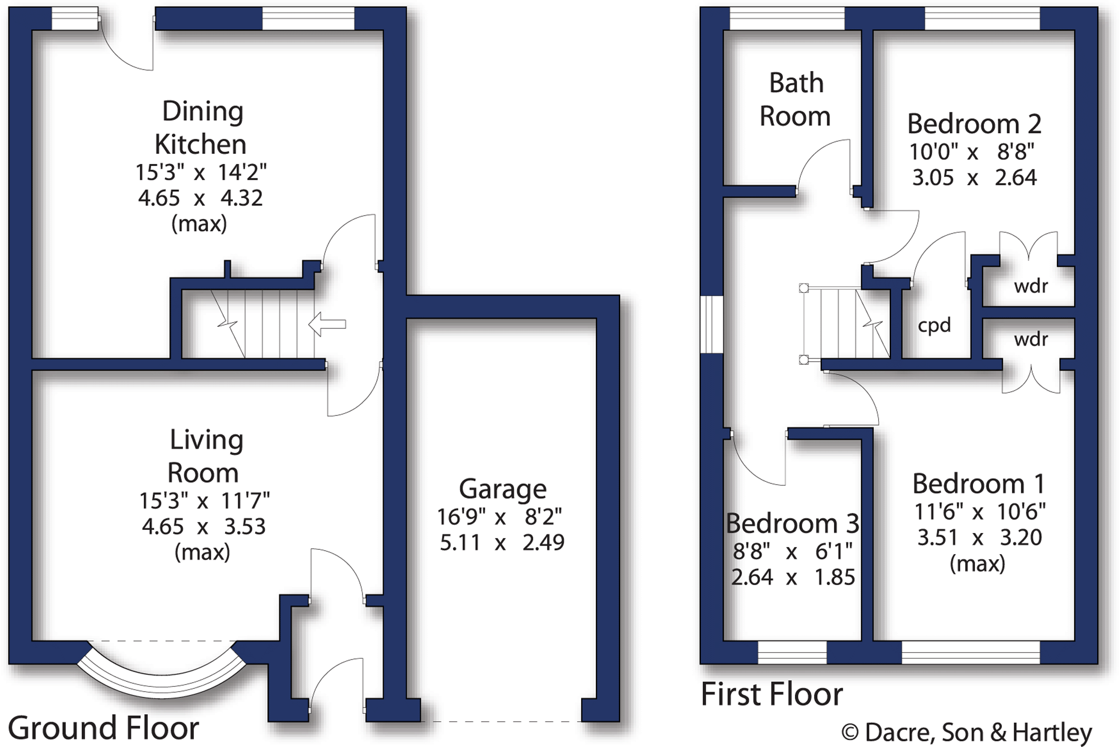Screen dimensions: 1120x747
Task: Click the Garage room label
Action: click(x=503, y=489)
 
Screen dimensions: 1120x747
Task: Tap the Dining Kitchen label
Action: click(x=202, y=128)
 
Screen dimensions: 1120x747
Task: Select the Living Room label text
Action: click(x=205, y=456)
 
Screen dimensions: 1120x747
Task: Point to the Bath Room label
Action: click(x=795, y=100)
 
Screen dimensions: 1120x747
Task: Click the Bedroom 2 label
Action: click(x=974, y=124)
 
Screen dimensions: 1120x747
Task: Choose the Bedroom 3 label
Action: click(x=792, y=523)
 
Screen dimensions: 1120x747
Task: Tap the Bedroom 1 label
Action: click(x=978, y=484)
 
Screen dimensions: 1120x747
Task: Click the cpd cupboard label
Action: click(x=934, y=325)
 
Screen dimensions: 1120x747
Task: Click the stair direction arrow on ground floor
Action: click(x=327, y=324)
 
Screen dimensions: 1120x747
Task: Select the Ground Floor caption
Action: click(x=103, y=728)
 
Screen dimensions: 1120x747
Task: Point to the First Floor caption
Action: click(x=772, y=694)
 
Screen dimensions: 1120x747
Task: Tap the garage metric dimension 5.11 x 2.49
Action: click(x=502, y=542)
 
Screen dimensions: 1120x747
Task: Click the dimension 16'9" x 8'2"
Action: click(x=499, y=517)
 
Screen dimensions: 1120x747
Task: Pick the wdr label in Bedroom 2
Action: click(x=1031, y=286)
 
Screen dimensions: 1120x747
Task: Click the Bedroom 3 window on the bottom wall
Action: click(x=792, y=653)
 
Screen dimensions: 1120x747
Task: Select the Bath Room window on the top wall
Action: click(x=787, y=18)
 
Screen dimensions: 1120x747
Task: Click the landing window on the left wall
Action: click(x=711, y=324)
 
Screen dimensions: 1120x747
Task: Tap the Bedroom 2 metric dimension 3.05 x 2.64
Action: click(x=974, y=178)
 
